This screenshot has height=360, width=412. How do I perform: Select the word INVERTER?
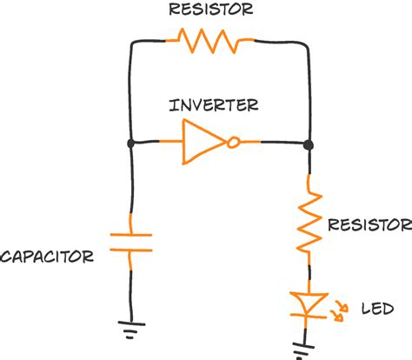[x=215, y=105]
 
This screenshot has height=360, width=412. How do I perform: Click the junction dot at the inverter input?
[x=130, y=142]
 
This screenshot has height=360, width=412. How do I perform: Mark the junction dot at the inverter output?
[x=309, y=142]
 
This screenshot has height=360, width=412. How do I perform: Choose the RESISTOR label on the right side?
[x=369, y=224]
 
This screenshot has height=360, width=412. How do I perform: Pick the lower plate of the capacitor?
[x=130, y=250]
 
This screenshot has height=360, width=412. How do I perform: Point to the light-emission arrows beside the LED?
[x=336, y=310]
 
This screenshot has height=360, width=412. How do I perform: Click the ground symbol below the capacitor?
[x=130, y=329]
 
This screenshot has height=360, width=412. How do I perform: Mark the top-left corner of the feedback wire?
[x=130, y=42]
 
